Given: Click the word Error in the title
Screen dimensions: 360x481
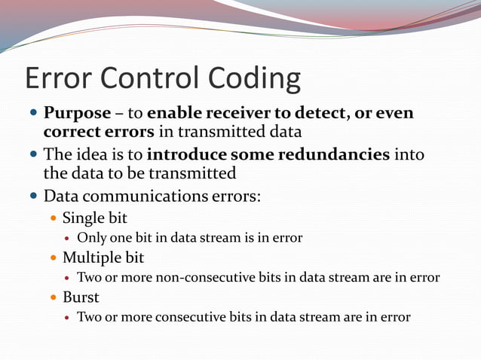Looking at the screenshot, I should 60,79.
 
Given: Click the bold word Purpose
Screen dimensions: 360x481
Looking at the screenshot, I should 77,114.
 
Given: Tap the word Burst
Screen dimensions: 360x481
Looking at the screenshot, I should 81,297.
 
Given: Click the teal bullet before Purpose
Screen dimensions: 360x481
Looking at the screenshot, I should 33,114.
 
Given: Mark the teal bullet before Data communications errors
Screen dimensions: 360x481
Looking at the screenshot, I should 33,197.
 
